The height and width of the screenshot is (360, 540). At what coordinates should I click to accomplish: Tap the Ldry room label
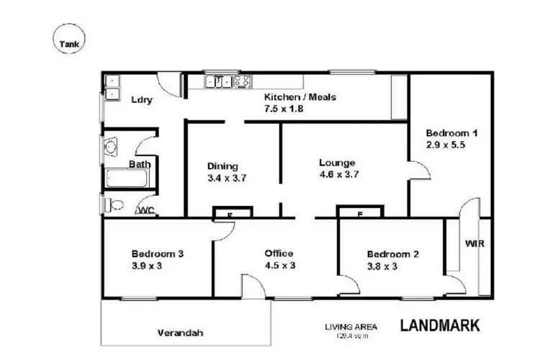141,100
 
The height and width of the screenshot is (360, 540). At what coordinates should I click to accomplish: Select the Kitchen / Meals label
300,97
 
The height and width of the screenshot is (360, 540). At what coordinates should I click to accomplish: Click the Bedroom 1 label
451,133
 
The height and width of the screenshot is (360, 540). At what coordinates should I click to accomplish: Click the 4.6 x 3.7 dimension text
339,174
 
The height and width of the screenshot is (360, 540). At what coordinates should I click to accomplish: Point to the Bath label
140,164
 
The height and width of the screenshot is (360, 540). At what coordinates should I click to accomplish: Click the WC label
146,210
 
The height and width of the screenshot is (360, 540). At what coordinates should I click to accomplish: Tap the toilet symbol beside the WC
110,206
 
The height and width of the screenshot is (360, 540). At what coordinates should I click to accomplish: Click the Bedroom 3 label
158,253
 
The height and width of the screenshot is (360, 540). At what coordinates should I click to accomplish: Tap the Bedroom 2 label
393,254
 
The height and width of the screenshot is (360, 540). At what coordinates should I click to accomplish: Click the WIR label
474,243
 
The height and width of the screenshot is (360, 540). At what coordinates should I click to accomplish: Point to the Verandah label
180,333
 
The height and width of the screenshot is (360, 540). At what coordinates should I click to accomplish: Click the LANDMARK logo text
439,325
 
